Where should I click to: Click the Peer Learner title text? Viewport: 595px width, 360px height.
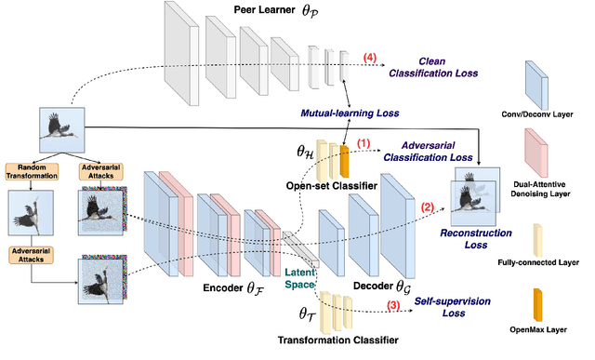coord(261,11)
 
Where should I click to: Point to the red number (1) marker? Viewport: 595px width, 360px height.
coord(363,143)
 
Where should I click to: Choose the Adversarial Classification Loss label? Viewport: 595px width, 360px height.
coord(445,153)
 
